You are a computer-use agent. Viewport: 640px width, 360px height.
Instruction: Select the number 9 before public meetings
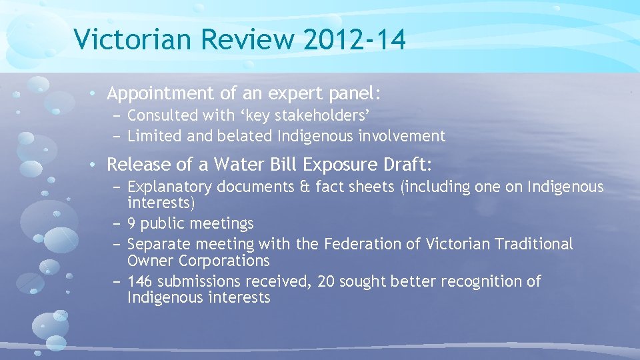pyautogui.click(x=132, y=223)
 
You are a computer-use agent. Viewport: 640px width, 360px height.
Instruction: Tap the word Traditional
pyautogui.click(x=534, y=245)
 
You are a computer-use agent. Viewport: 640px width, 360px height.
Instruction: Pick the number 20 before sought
pyautogui.click(x=326, y=281)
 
